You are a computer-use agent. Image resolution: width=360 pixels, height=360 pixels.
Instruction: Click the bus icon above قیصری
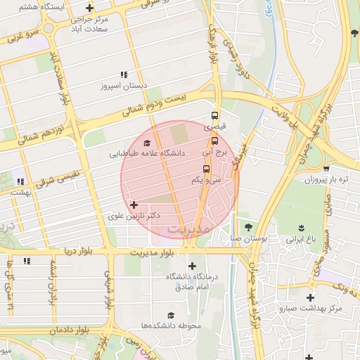pos(214,116)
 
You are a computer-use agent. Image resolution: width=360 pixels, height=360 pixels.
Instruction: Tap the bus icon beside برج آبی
pos(215,140)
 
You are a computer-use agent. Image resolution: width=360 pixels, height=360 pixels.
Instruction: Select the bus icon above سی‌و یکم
pos(206,169)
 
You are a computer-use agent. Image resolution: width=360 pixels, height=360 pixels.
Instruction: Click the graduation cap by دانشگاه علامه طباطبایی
pos(146,143)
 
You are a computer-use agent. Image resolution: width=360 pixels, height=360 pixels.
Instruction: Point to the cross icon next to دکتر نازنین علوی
pos(134,205)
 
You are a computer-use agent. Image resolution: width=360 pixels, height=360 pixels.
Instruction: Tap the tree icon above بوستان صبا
pos(248,226)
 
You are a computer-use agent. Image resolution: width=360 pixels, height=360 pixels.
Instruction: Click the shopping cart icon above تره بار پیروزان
pos(326,169)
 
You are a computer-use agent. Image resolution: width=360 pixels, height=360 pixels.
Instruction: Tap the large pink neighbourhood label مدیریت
pos(189,229)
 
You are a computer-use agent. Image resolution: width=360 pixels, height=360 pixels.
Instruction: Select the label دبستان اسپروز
pos(124,86)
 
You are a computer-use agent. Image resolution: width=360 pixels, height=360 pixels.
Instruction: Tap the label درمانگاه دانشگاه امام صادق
pos(192,281)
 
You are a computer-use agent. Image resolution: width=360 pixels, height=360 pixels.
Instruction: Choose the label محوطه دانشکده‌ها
pos(171,326)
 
